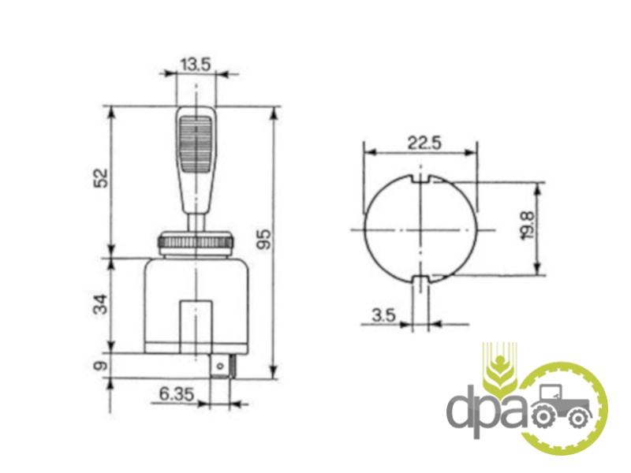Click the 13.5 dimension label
(195, 65)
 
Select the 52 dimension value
(101, 178)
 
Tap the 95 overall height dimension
(263, 239)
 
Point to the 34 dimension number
(101, 304)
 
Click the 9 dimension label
(101, 366)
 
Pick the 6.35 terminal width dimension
(177, 394)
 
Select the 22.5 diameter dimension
(424, 143)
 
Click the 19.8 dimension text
(528, 225)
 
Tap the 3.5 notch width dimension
(384, 315)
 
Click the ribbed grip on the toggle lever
(195, 144)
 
